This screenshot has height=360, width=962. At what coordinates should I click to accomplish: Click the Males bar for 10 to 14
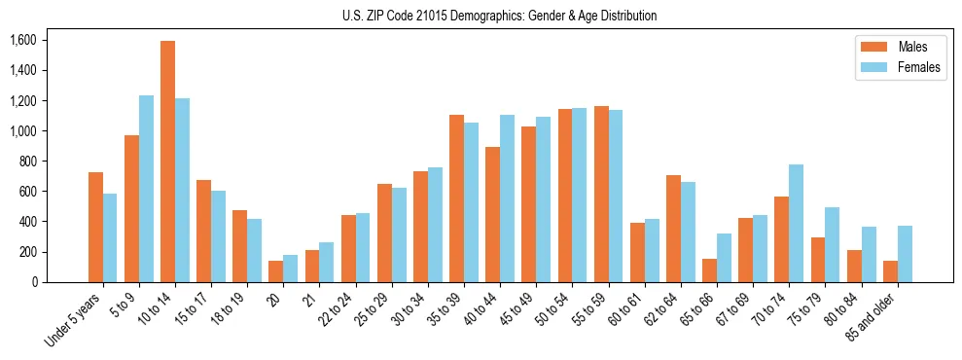tap(168, 162)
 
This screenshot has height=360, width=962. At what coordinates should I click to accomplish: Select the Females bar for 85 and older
tap(905, 254)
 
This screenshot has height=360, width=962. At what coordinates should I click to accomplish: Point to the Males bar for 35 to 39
tap(456, 198)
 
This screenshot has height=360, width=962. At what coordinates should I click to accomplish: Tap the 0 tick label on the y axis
tap(33, 282)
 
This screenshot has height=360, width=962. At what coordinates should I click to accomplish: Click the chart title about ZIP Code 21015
tap(499, 16)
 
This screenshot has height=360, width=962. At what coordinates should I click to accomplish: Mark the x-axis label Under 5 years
tap(76, 321)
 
